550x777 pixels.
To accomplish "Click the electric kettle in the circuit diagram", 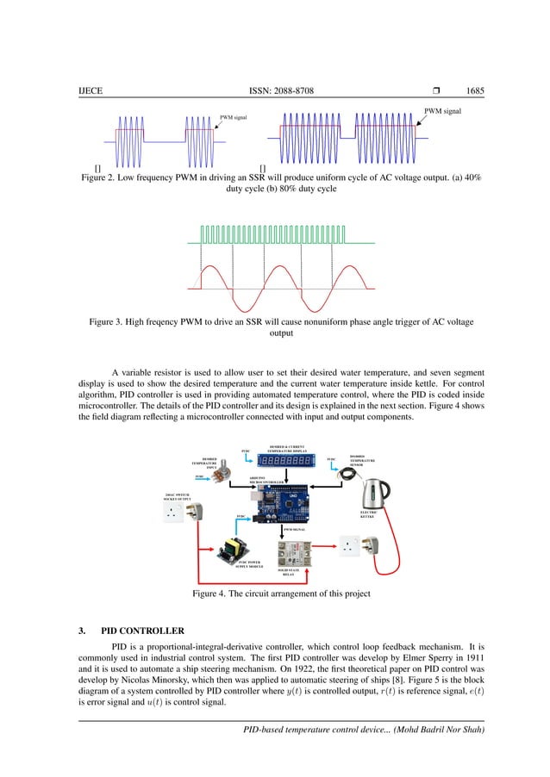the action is click(x=376, y=493).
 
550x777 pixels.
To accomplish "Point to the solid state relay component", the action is click(x=293, y=552).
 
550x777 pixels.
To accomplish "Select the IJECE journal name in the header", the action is click(x=90, y=90).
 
